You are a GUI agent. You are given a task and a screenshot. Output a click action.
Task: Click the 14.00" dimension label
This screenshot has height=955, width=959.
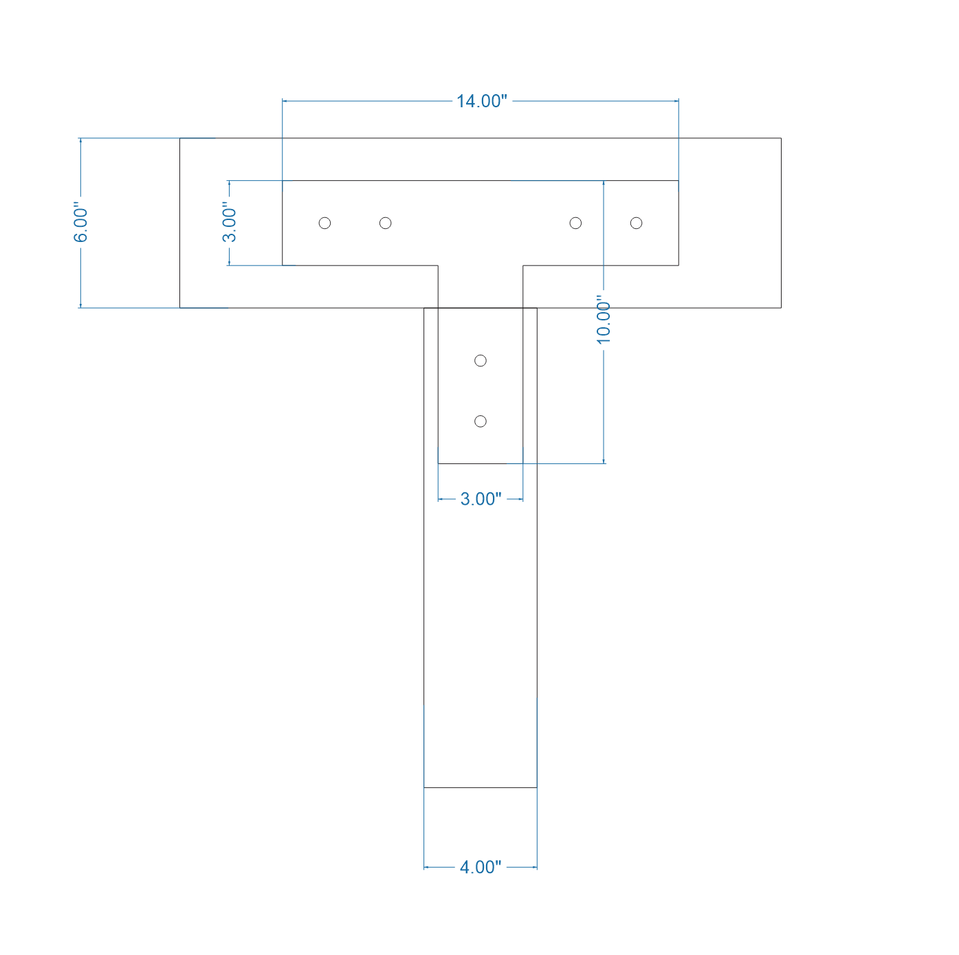click(x=481, y=101)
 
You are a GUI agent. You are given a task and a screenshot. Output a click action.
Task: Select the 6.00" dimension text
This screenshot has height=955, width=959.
click(x=81, y=222)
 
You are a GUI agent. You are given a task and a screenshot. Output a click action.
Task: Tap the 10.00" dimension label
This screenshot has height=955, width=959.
click(x=604, y=320)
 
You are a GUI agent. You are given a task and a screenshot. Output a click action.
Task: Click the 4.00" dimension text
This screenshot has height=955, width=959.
click(x=480, y=867)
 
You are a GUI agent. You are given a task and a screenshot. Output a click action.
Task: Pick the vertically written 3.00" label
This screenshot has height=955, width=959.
click(x=229, y=222)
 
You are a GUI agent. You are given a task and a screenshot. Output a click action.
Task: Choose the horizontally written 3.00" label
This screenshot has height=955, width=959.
click(x=481, y=498)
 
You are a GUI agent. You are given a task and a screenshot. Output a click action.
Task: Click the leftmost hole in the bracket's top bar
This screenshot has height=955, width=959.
click(x=325, y=223)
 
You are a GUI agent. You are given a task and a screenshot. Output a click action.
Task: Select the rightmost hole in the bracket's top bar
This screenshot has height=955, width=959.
click(x=636, y=223)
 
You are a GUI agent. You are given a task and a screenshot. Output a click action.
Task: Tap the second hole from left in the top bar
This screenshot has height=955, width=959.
click(x=386, y=223)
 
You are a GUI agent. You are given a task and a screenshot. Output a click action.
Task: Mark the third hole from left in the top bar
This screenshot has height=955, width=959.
click(x=576, y=223)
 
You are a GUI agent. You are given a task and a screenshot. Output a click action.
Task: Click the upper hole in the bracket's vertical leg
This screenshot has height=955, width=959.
click(x=481, y=361)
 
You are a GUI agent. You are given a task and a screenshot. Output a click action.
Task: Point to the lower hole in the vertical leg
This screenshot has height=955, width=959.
click(x=481, y=421)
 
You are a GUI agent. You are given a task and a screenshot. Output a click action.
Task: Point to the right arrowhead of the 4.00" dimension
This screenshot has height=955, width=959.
click(x=534, y=867)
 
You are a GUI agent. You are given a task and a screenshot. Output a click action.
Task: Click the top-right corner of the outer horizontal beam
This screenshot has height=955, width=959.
click(x=781, y=138)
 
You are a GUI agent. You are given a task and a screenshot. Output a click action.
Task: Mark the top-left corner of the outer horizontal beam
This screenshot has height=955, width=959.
click(x=180, y=138)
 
